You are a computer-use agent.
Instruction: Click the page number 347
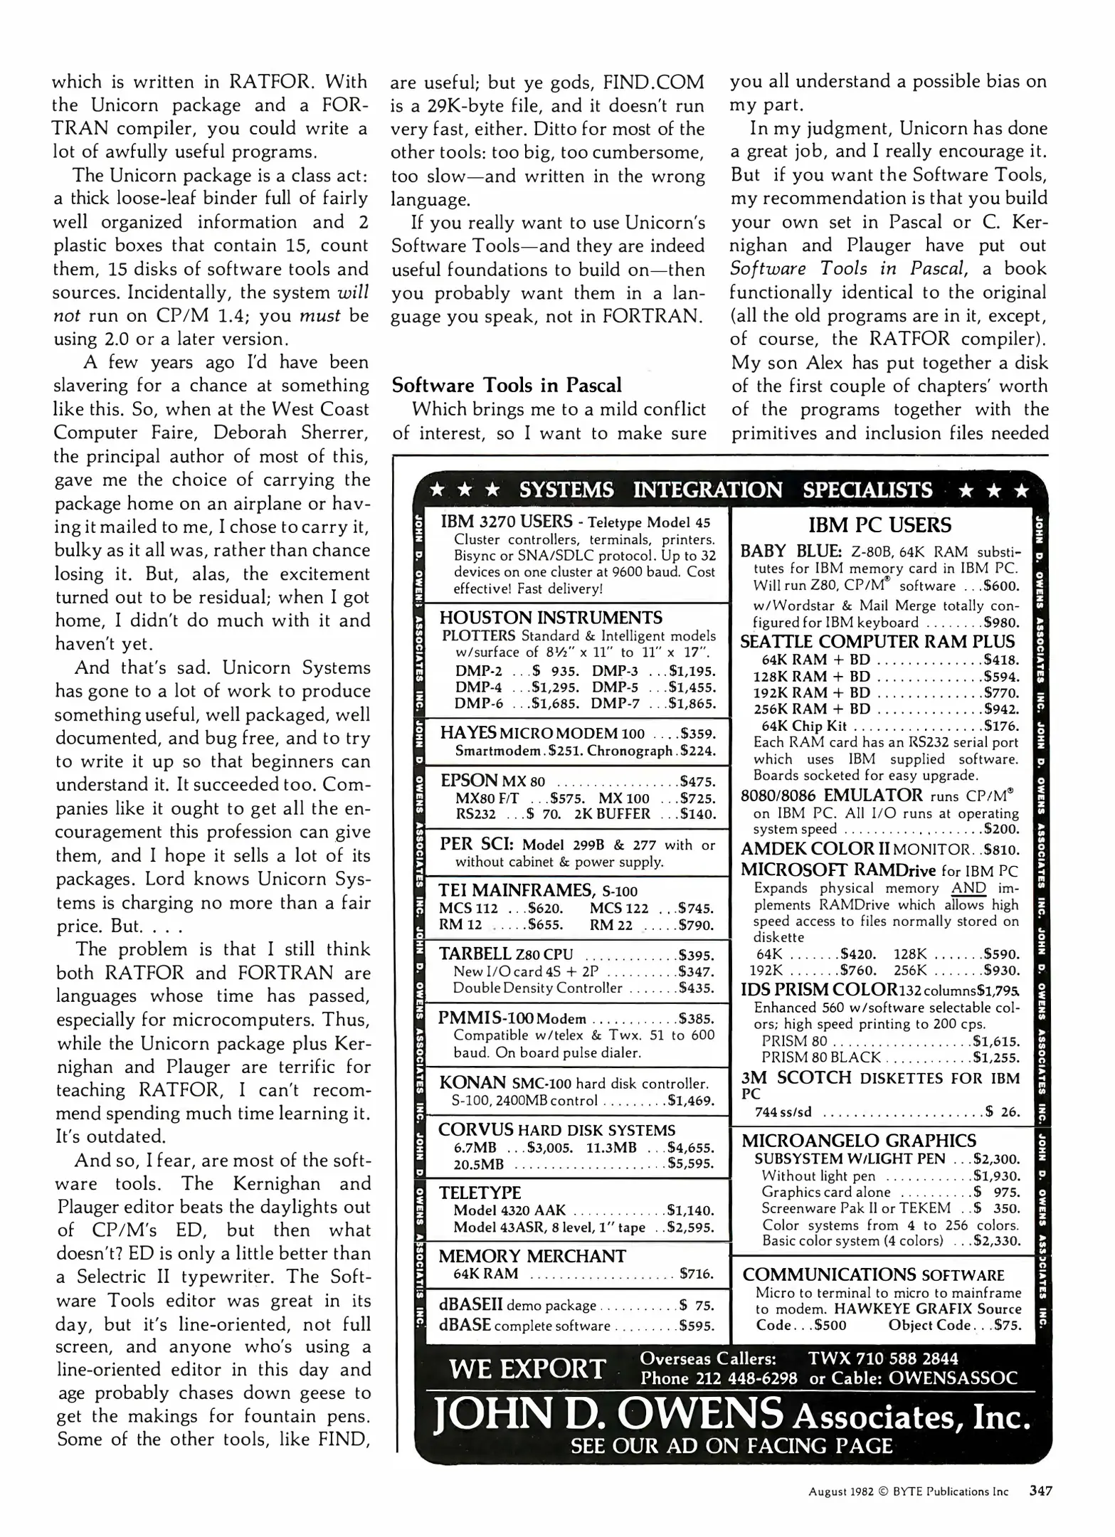(x=1040, y=1491)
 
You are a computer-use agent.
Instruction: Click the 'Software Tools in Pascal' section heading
(x=507, y=386)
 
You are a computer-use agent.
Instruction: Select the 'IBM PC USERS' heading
(x=879, y=526)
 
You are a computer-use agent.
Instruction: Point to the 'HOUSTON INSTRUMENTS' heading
(x=551, y=618)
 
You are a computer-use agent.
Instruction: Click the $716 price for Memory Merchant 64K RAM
(x=697, y=1274)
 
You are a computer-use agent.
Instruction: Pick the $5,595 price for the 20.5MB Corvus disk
(x=691, y=1164)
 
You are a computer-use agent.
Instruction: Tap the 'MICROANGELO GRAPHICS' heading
(x=859, y=1141)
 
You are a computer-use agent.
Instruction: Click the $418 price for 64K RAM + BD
(x=1000, y=660)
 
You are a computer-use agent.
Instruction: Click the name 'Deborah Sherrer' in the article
(x=304, y=433)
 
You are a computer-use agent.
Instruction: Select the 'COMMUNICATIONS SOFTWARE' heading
(x=873, y=1275)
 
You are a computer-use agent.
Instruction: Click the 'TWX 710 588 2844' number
(x=882, y=1358)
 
